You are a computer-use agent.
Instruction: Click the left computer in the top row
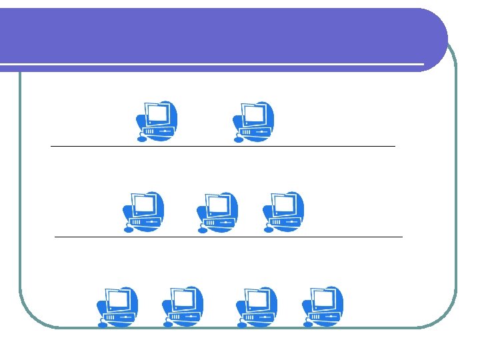point(156,121)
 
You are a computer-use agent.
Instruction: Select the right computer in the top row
point(253,121)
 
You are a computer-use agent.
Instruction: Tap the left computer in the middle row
point(144,212)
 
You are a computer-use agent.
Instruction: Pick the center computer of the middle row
point(217,212)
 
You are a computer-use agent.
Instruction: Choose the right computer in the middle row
point(283,212)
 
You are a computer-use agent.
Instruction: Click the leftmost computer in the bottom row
point(117,307)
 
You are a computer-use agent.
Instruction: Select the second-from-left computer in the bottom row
point(183,307)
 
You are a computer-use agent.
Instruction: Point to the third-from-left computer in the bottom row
point(257,307)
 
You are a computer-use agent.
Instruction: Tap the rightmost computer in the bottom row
point(323,307)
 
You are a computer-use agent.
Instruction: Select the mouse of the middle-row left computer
point(129,230)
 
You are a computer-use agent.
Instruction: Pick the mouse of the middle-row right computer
point(268,230)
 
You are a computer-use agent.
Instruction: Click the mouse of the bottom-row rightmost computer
point(307,325)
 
